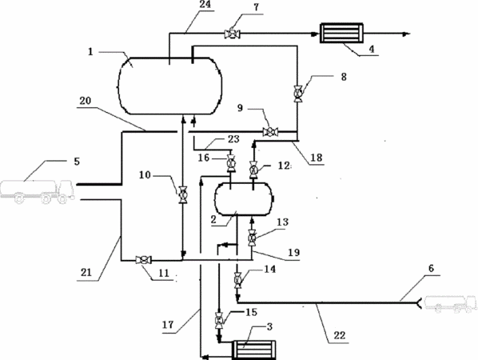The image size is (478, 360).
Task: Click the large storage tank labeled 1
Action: [169, 86]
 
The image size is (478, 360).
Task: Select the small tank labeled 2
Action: [243, 199]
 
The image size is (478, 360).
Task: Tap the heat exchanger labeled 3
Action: [254, 350]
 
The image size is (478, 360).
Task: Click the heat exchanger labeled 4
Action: [341, 33]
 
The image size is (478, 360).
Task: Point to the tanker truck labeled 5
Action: [38, 191]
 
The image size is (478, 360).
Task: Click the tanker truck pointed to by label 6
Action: [451, 304]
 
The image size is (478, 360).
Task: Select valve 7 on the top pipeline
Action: [232, 34]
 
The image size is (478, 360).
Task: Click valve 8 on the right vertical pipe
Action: [297, 94]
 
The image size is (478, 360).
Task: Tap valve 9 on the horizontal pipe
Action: [270, 132]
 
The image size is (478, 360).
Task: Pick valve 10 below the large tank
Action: [183, 194]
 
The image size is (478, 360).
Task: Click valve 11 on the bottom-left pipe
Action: [143, 260]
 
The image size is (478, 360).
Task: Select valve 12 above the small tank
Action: [253, 170]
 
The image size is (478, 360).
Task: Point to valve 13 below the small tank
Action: [252, 237]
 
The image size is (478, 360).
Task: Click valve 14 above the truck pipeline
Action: [237, 280]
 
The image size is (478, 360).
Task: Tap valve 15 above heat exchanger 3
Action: [218, 320]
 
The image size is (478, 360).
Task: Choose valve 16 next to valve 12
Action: [230, 163]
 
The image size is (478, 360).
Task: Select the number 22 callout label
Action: [339, 335]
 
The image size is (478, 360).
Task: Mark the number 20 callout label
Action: [85, 100]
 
